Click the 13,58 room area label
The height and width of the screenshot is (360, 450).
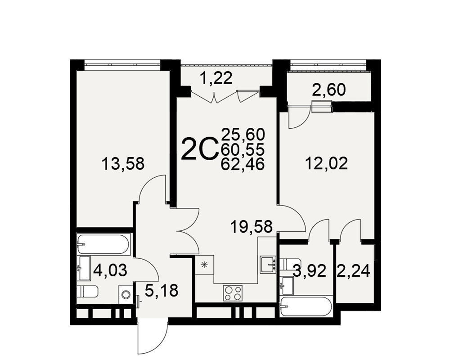123,164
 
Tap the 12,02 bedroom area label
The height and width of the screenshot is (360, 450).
326,164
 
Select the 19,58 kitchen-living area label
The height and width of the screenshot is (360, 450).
252,227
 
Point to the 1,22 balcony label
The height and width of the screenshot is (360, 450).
216,78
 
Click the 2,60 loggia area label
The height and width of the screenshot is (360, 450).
329,90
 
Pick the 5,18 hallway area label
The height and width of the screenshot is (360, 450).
162,290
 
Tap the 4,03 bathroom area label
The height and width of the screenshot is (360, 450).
110,271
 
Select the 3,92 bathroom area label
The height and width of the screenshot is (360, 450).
310,271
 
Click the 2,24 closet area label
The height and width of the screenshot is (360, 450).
353,271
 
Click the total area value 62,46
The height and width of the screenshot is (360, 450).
243,165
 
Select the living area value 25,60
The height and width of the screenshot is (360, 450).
243,134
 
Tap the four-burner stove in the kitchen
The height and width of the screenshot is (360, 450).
233,293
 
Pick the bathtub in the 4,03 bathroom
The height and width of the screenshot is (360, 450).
103,244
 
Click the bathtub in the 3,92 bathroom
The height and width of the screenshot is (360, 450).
306,306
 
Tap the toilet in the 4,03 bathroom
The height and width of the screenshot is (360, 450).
88,292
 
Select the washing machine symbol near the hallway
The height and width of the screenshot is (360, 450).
126,295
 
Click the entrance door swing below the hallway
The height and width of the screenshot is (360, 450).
152,338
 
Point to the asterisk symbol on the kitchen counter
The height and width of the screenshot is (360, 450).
204,265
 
